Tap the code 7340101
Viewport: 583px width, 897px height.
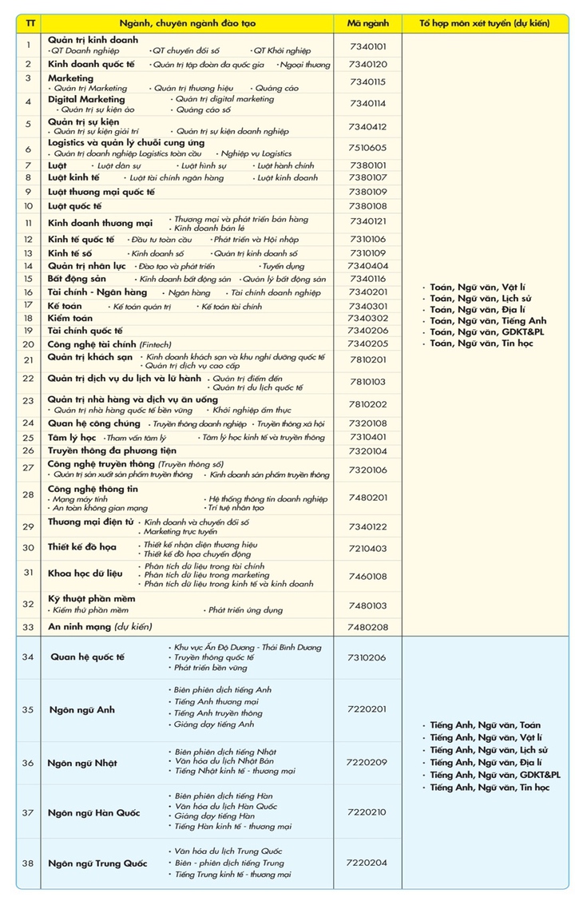point(367,46)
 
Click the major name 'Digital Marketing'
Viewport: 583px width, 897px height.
point(86,99)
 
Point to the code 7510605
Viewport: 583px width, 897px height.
point(367,148)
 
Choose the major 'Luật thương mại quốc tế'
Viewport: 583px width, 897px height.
point(101,192)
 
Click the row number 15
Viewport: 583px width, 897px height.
point(28,279)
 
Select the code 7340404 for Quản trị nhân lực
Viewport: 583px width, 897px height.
point(367,266)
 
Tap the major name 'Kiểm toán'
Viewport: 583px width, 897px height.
point(70,318)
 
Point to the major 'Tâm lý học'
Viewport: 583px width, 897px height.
point(72,437)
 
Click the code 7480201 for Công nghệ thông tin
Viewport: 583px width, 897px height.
point(367,497)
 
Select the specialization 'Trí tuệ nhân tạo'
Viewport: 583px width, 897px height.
point(236,507)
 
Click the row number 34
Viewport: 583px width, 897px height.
point(28,657)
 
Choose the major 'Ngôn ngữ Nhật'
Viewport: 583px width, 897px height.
point(83,763)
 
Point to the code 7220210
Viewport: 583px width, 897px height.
point(367,812)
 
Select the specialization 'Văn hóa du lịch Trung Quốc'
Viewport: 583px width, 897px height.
point(228,851)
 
